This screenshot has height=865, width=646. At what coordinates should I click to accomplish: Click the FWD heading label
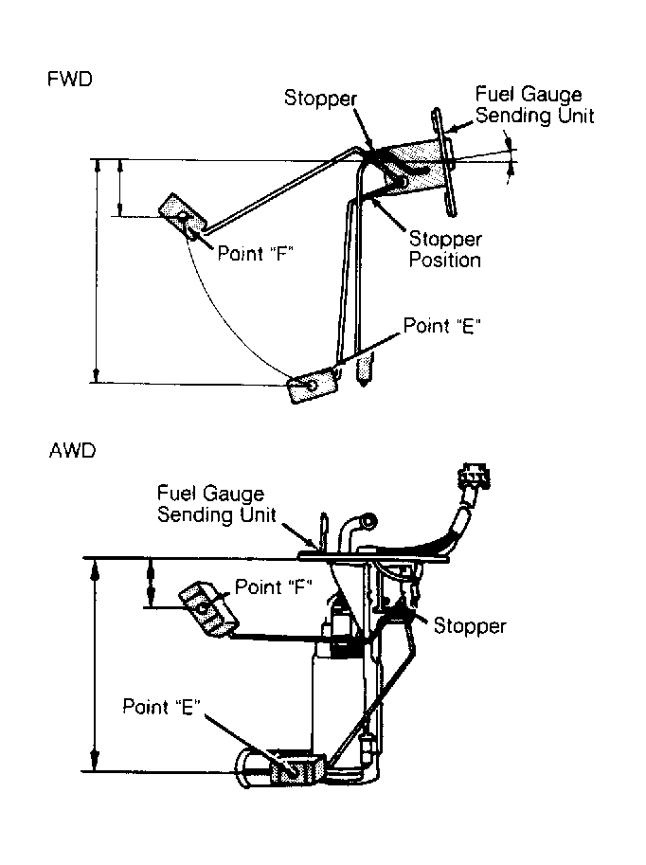[x=70, y=80]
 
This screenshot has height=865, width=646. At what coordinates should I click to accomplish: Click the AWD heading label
[x=72, y=451]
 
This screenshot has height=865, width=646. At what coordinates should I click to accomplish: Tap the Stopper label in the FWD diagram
[x=320, y=99]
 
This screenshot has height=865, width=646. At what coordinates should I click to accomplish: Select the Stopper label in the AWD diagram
[x=470, y=626]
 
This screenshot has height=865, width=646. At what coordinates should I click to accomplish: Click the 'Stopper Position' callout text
[x=445, y=249]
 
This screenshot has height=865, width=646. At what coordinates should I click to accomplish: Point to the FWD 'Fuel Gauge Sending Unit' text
[x=534, y=105]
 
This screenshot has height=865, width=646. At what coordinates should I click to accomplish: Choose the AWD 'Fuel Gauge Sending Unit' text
[x=216, y=504]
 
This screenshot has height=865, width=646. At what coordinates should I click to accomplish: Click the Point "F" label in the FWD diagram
[x=255, y=254]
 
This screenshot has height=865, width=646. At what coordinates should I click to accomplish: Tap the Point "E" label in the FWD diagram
[x=442, y=326]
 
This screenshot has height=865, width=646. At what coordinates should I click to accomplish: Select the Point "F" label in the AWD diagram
[x=274, y=586]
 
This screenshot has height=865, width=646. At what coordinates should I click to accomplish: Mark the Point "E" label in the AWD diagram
[x=161, y=707]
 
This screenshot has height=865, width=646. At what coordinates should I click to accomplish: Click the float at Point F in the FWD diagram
[x=182, y=217]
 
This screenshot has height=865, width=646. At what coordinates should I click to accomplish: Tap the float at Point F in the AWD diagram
[x=208, y=608]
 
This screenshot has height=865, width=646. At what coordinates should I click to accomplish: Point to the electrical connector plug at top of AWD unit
[x=474, y=478]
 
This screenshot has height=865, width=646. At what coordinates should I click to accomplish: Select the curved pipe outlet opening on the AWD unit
[x=368, y=519]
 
